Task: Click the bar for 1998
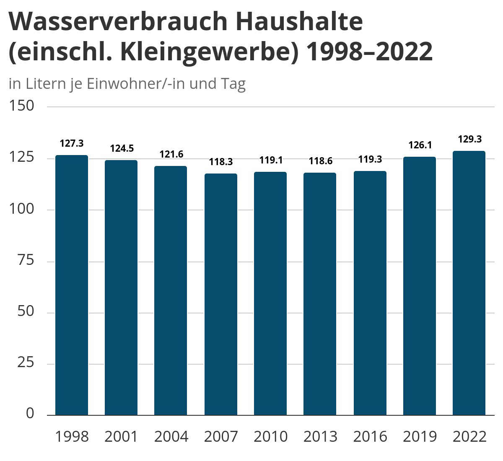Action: coord(72,285)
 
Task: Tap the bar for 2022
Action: coord(469,283)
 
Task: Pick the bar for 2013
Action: coord(320,294)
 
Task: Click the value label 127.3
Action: coord(72,143)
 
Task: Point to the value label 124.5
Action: coord(122,148)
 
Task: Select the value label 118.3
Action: coord(221,162)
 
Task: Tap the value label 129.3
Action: coord(469,139)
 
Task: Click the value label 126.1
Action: coord(420,145)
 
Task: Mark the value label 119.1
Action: coord(270,160)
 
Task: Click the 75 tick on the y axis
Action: coord(26,260)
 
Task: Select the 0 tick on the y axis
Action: coord(30,413)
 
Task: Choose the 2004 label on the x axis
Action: coord(171,437)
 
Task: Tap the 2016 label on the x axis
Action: coord(370,437)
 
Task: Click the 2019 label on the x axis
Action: coord(420,437)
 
